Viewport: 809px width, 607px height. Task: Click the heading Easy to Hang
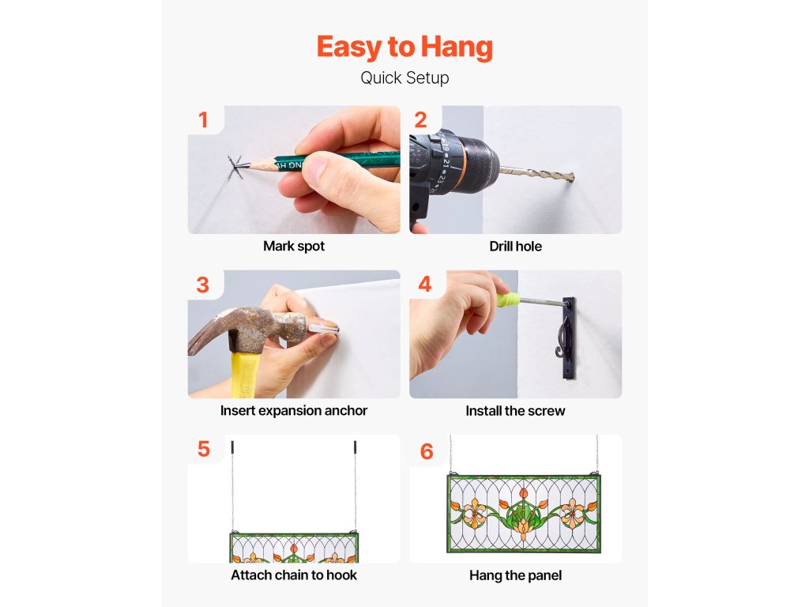click(404, 47)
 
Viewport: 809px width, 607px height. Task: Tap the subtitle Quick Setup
click(404, 78)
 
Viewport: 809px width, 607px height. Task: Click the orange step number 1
click(203, 120)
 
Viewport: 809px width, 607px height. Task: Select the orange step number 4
click(424, 284)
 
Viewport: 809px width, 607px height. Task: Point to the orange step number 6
click(427, 451)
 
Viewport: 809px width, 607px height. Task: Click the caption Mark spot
click(294, 247)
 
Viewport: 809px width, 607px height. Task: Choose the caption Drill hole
click(515, 247)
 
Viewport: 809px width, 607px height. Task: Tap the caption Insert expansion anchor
click(294, 410)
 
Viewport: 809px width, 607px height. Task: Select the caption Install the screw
click(515, 411)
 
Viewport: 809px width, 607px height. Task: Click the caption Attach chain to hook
click(294, 575)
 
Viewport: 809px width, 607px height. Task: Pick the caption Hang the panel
click(515, 575)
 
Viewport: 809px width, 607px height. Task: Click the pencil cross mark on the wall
click(235, 167)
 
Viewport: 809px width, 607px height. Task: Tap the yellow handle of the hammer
click(245, 375)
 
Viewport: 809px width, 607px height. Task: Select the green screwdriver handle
click(508, 300)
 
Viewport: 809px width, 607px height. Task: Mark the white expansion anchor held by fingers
click(324, 328)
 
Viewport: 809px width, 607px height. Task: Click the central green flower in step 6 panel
click(523, 516)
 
